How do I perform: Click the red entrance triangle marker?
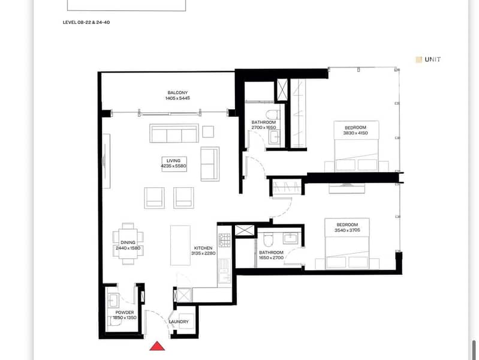click(x=157, y=346)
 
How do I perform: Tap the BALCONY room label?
click(x=177, y=92)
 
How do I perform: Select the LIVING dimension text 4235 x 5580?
click(x=173, y=166)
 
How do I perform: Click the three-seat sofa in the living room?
click(x=174, y=133)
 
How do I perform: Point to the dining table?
click(x=128, y=244)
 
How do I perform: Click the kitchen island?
click(x=180, y=245)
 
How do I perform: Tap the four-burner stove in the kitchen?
click(x=225, y=241)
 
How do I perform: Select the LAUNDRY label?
click(x=179, y=322)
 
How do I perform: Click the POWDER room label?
click(x=125, y=313)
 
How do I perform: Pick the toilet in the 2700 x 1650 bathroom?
click(x=272, y=115)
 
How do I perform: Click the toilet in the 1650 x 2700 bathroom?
click(x=267, y=240)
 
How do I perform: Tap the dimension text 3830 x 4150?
click(x=356, y=133)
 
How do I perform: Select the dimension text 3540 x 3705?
click(x=347, y=230)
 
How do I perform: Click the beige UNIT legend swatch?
click(x=419, y=59)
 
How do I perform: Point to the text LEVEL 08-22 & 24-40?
click(x=86, y=22)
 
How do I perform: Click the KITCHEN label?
click(x=203, y=248)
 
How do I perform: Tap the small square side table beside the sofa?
click(x=208, y=132)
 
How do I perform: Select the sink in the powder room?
click(x=113, y=301)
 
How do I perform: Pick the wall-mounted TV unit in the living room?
click(x=106, y=161)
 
